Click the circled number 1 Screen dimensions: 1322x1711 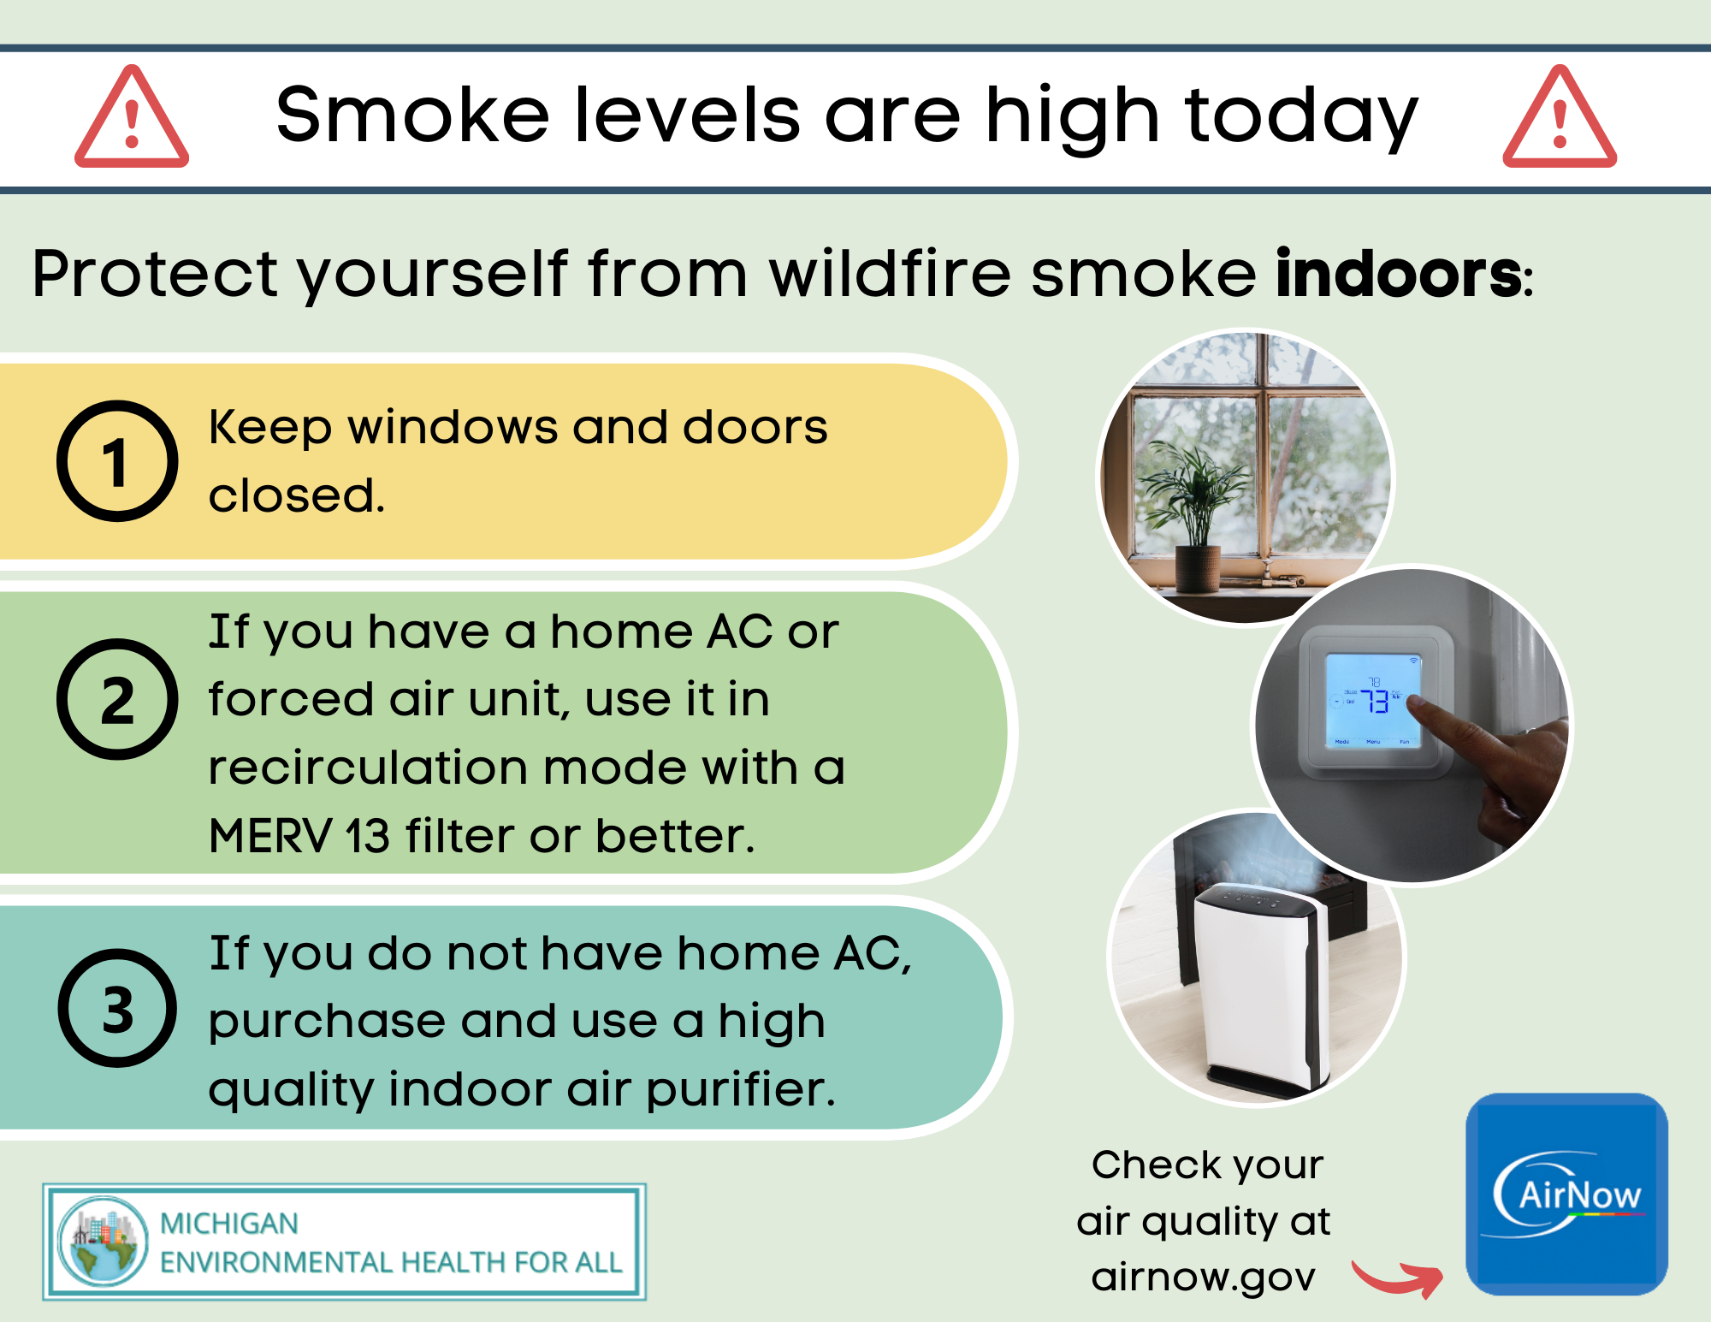tap(117, 461)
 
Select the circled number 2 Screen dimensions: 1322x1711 tap(117, 699)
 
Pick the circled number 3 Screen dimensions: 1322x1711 tap(117, 1008)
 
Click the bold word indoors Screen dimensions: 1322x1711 tap(1398, 275)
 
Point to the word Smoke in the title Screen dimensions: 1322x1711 tap(412, 116)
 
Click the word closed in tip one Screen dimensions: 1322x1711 tap(295, 495)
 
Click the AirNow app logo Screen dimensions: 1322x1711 tap(1566, 1195)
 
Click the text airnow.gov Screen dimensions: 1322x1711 tap(1203, 1278)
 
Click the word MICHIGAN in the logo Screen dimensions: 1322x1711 tap(229, 1224)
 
